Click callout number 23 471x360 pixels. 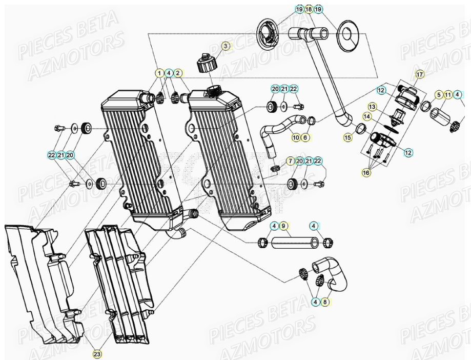(97, 353)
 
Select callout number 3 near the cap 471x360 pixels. (225, 46)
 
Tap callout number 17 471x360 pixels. (419, 75)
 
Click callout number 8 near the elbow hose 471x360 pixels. (325, 302)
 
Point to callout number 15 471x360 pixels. (348, 137)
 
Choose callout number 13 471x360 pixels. (372, 107)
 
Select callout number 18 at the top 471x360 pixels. (309, 9)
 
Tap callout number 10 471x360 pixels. (296, 137)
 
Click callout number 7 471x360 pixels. (290, 161)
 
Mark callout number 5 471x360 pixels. (439, 94)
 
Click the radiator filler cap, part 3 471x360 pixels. (208, 65)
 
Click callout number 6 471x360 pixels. (305, 137)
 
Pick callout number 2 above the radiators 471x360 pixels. (178, 73)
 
